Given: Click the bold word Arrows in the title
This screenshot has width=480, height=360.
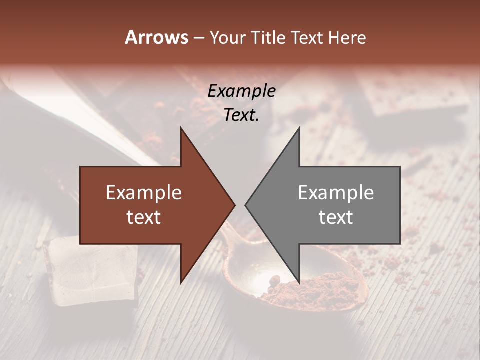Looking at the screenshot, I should (x=156, y=37).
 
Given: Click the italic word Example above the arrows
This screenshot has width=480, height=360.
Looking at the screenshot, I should (x=241, y=91).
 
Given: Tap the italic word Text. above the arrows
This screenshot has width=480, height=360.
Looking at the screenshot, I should (x=241, y=115).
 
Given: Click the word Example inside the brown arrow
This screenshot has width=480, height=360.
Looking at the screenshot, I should (x=144, y=193).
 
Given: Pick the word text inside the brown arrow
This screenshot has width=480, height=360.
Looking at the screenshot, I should (x=144, y=217).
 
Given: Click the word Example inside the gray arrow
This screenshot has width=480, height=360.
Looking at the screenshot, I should (x=336, y=193).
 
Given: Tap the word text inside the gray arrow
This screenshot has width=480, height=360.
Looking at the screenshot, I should (x=336, y=217).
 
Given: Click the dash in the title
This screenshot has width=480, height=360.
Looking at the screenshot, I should (x=198, y=38).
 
